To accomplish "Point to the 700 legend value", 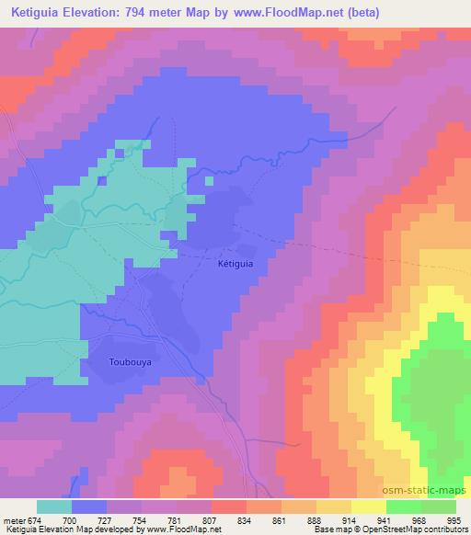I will pyautogui.click(x=70, y=519).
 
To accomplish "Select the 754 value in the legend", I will pyautogui.click(x=139, y=519).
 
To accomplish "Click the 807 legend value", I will pyautogui.click(x=211, y=519).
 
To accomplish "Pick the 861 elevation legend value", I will pyautogui.click(x=281, y=519).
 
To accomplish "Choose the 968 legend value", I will pyautogui.click(x=421, y=519).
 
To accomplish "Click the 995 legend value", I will pyautogui.click(x=455, y=519).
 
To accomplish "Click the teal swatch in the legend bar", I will pyautogui.click(x=53, y=507).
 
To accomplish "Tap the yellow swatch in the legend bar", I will pyautogui.click(x=367, y=507).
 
